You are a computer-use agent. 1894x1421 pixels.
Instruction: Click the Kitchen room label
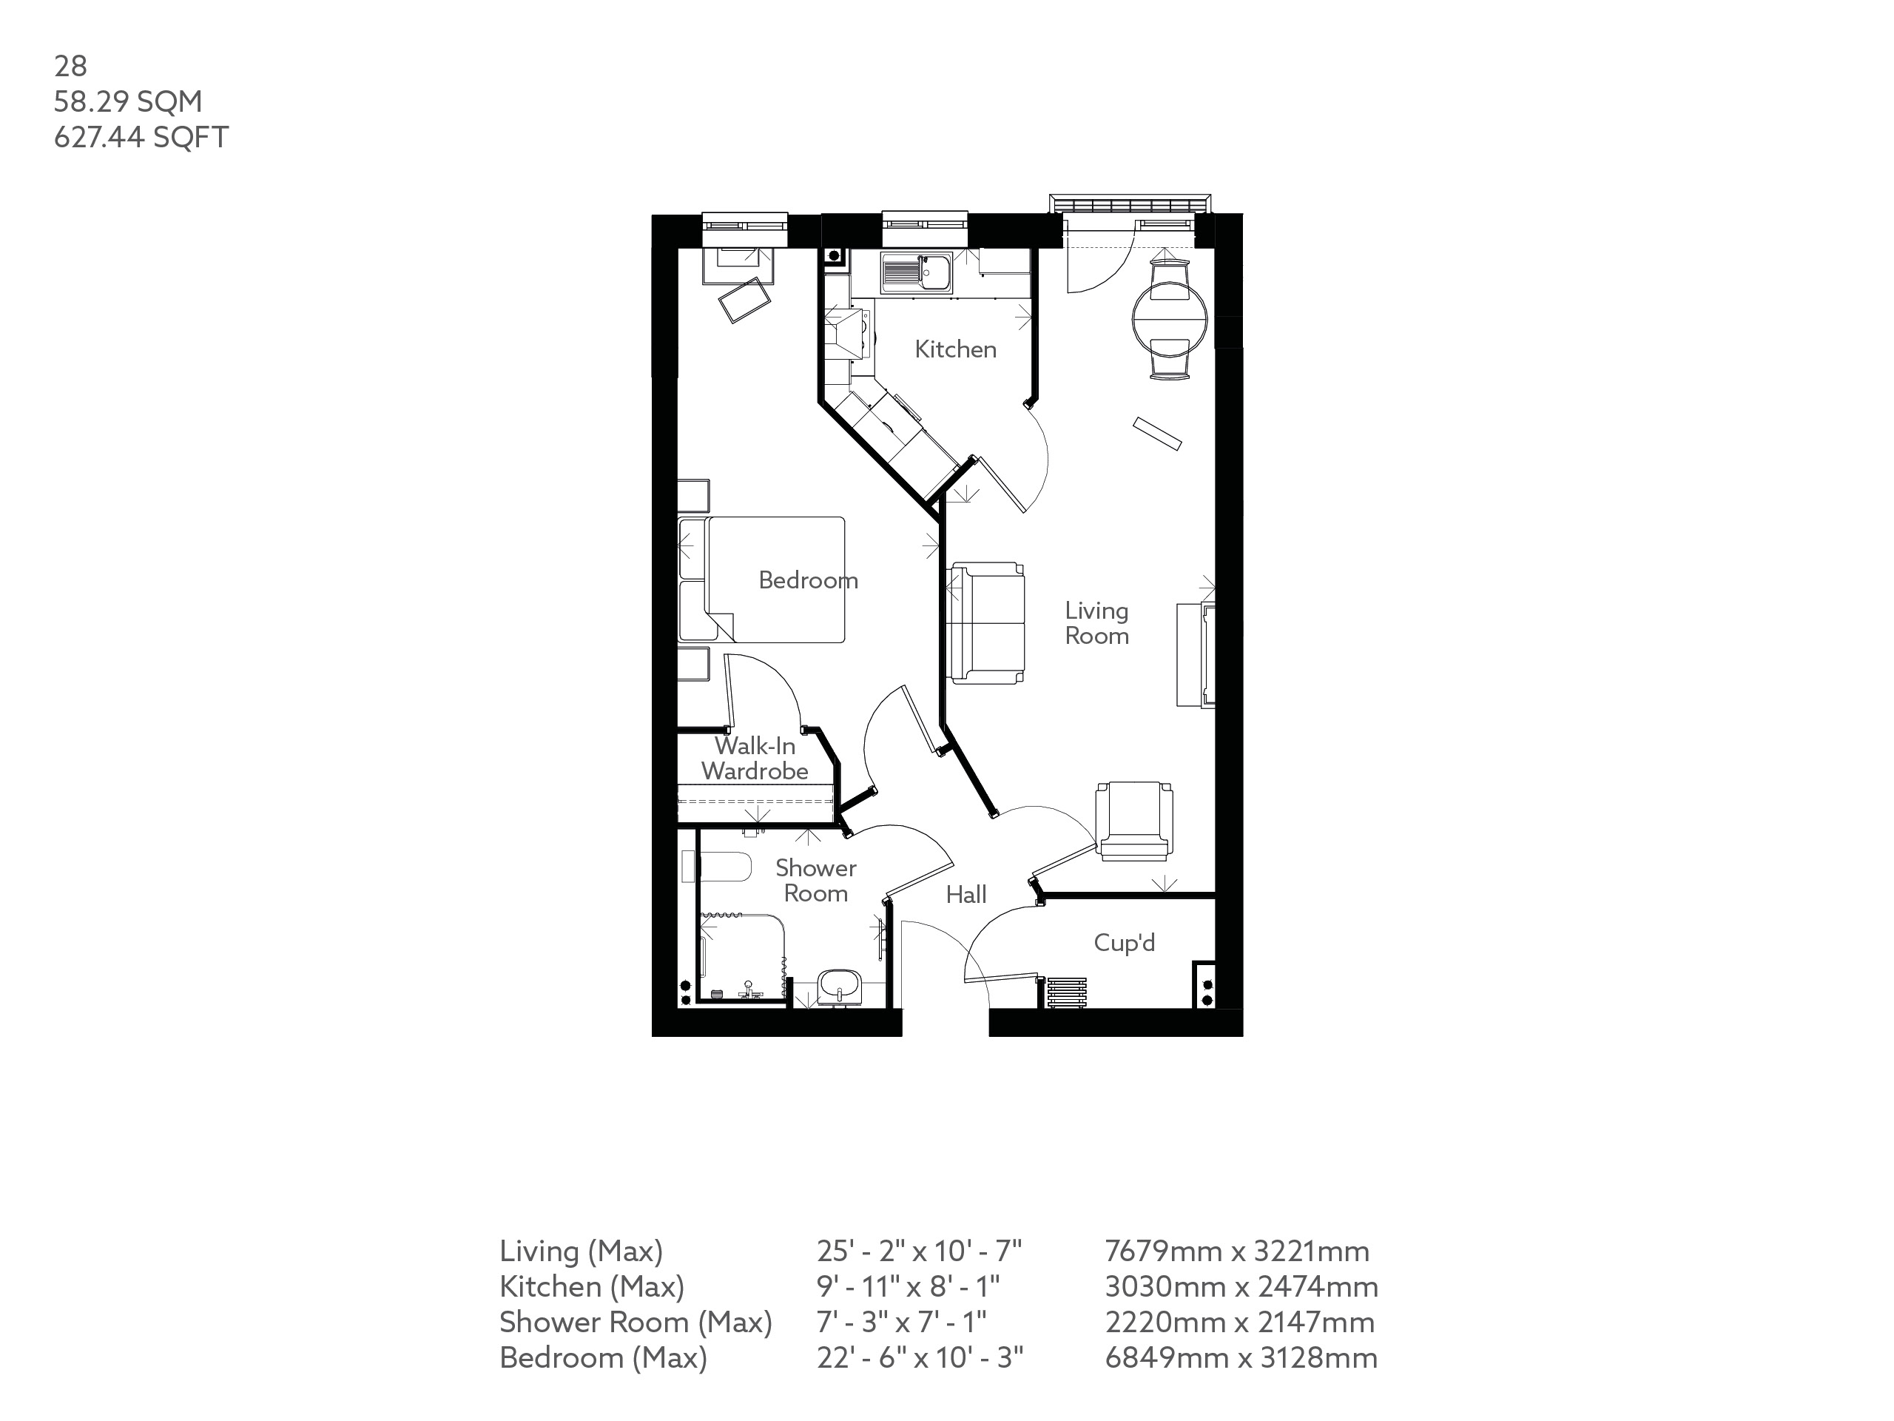tap(956, 349)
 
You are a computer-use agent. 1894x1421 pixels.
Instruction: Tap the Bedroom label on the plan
tap(809, 581)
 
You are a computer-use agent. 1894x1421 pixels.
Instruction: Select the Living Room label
tap(1097, 622)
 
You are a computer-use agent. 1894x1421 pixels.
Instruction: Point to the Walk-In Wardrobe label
tap(755, 758)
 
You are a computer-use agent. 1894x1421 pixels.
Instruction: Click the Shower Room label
tap(816, 881)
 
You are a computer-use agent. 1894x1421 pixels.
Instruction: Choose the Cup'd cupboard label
tap(1125, 943)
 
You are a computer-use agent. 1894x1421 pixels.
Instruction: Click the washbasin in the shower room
tap(840, 986)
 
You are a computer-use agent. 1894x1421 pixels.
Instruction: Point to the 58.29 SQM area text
tap(129, 102)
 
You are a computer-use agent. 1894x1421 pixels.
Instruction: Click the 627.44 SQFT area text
tap(141, 137)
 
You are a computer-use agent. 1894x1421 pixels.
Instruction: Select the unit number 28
tap(70, 66)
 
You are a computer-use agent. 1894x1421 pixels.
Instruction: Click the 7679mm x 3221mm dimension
tap(1237, 1252)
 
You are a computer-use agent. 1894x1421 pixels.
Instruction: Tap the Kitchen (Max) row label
tap(592, 1286)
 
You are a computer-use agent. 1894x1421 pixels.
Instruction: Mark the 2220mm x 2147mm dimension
tap(1240, 1323)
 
